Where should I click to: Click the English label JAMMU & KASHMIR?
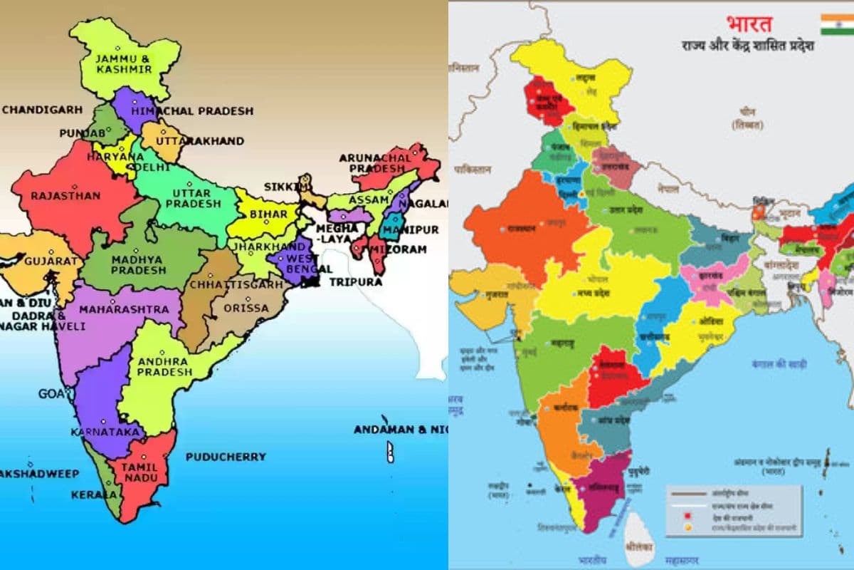(x=125, y=63)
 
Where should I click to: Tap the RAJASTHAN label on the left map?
(x=54, y=195)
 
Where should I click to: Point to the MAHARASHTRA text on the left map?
(x=124, y=310)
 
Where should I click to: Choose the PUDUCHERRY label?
(x=226, y=457)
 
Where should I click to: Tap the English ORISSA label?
(x=246, y=309)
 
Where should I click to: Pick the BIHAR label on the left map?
(x=269, y=214)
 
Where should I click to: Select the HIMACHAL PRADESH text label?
(x=192, y=111)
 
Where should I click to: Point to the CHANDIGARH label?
(x=42, y=110)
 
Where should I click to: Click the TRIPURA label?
(x=355, y=281)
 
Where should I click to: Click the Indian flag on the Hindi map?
(x=836, y=24)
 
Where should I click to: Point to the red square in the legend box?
(x=688, y=516)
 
